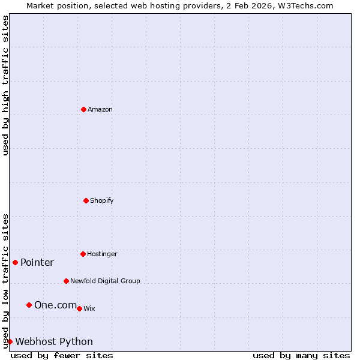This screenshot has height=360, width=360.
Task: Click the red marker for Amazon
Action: tap(83, 109)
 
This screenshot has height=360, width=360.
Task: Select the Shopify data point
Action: tap(86, 200)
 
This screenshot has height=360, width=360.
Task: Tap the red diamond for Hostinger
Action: tap(83, 254)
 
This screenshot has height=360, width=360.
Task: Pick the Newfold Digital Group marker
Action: tap(66, 281)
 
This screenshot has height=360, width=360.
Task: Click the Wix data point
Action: tap(79, 308)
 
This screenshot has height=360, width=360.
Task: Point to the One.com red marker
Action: tap(29, 305)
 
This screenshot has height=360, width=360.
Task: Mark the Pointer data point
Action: tap(15, 262)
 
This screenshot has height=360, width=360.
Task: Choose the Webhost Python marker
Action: tap(10, 341)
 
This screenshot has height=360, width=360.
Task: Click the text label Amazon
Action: tap(100, 109)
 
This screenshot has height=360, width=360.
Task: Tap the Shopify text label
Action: tap(102, 200)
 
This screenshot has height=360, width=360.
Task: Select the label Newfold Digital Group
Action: tap(105, 281)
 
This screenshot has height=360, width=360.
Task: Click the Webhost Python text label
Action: tap(54, 341)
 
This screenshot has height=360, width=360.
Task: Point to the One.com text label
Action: tap(55, 305)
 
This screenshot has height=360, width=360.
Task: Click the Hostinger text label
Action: tap(102, 254)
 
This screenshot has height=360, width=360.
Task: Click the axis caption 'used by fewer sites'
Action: tap(62, 355)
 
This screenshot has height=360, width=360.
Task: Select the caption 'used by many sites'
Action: tap(301, 355)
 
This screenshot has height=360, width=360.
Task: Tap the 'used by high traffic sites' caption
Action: tap(5, 85)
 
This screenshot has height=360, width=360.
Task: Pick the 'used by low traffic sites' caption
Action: tap(5, 281)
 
